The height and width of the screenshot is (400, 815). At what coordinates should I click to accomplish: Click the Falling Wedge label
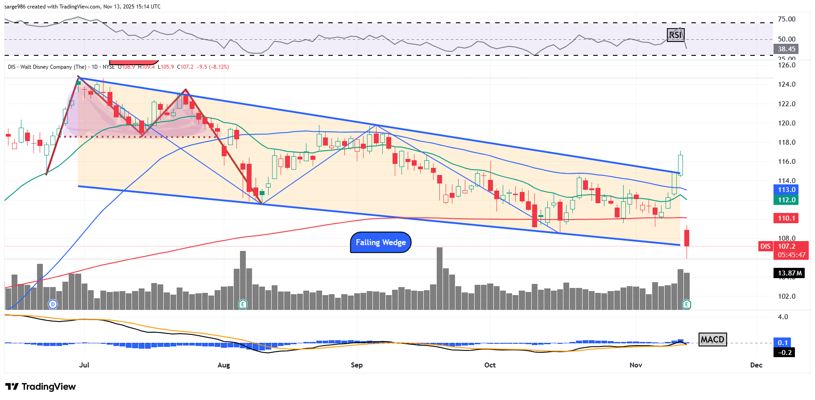381,242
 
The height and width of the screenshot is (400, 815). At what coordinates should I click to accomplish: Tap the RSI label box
675,35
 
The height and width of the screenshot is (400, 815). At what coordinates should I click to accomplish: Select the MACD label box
712,340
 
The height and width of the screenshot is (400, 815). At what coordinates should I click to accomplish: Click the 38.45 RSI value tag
786,49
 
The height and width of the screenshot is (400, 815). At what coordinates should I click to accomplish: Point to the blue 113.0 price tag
786,190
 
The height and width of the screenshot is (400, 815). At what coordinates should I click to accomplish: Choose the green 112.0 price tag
786,200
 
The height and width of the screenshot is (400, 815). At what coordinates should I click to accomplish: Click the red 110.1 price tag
786,218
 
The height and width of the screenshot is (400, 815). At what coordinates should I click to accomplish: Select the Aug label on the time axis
224,365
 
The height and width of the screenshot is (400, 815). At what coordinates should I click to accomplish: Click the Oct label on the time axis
490,365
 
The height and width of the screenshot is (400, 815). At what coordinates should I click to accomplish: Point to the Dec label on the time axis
756,365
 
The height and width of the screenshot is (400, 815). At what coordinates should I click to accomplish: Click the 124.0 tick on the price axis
786,84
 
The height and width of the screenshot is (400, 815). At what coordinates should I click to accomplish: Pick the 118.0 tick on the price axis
786,142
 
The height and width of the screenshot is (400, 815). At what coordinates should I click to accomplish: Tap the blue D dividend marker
53,304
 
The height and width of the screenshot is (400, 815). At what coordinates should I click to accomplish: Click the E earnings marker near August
243,304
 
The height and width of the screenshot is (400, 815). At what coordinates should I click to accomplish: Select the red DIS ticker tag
765,246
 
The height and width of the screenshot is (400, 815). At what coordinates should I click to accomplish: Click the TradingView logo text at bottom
41,387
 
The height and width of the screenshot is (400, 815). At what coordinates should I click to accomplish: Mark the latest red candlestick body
687,238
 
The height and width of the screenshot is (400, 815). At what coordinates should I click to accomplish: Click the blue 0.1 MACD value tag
783,343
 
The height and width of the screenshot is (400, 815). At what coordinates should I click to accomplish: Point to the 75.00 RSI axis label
786,19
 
